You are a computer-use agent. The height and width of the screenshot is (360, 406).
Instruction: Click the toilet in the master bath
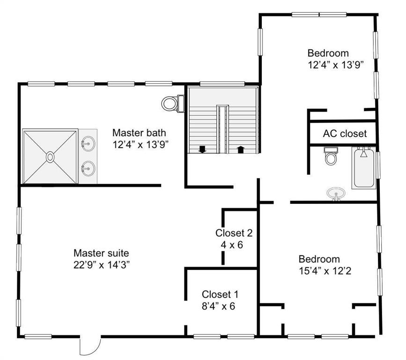pos(173,104)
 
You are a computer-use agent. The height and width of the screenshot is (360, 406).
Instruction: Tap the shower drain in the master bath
pos(50,157)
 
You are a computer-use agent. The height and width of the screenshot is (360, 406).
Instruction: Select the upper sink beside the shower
pos(88,143)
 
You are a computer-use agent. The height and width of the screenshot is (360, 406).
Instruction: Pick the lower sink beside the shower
pos(88,168)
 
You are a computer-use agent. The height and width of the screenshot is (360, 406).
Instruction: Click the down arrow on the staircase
pos(202,149)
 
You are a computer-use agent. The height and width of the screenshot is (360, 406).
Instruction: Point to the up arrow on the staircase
pos(241,150)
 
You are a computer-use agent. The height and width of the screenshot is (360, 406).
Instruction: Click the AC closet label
pos(345,134)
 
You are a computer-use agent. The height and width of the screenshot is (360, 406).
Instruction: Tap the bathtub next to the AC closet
pos(364,167)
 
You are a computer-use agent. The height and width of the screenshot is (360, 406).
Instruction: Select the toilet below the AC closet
pos(331,156)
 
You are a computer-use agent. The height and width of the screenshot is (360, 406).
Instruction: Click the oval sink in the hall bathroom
pos(336,194)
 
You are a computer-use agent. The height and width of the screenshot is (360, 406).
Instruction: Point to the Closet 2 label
pos(234,233)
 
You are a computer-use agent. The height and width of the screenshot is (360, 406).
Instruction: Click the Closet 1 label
pos(220,294)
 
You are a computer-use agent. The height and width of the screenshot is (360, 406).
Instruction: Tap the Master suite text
pos(101,253)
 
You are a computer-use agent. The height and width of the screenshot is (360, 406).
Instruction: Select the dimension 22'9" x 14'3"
pos(102,265)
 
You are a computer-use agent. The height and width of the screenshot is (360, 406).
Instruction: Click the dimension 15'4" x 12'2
pos(325,271)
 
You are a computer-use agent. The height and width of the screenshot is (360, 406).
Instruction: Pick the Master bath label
pos(139,133)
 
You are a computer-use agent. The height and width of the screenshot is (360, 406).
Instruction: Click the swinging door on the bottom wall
pos(90,346)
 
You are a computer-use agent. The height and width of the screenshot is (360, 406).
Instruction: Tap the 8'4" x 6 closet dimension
pos(218,306)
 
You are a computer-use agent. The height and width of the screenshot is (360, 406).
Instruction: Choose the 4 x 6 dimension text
pos(232,245)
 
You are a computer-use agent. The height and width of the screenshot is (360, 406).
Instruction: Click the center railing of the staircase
pos(223,129)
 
